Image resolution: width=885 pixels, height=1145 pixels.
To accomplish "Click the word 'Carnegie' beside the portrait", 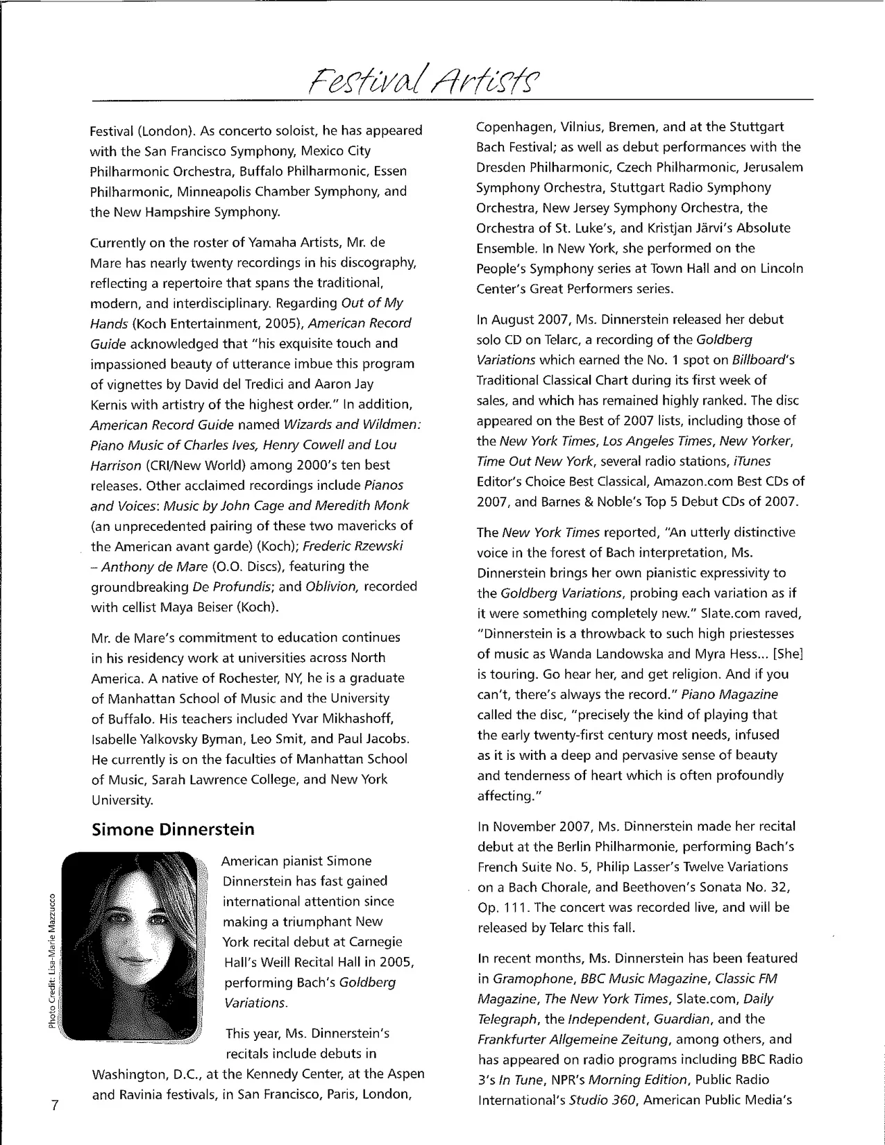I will click(x=369, y=942).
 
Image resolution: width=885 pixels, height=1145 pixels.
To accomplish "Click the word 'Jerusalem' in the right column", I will click(x=770, y=167).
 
